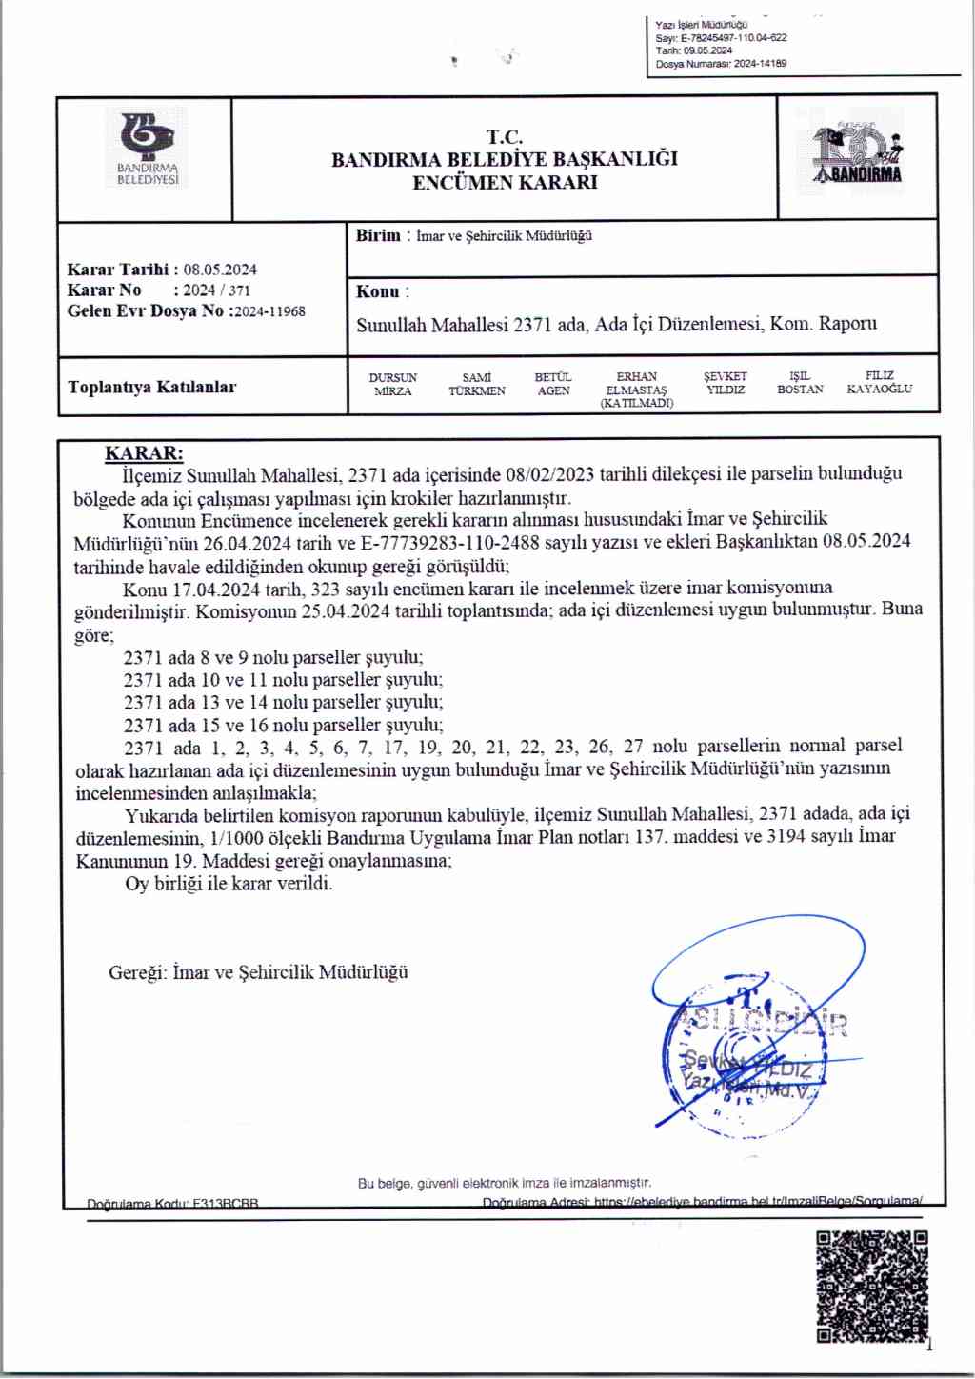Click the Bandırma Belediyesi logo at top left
click(148, 149)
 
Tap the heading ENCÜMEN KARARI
click(505, 183)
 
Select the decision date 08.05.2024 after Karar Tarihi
click(220, 270)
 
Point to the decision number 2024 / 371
click(216, 290)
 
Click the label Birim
click(378, 236)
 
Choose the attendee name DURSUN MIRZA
click(393, 385)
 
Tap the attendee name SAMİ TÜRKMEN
click(476, 385)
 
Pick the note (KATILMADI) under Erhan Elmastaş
click(636, 404)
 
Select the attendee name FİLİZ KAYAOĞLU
click(879, 383)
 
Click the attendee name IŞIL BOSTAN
click(800, 383)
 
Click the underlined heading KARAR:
click(144, 453)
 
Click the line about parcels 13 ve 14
click(283, 703)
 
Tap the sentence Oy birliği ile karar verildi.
click(229, 884)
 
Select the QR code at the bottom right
click(871, 1286)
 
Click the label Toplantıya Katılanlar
click(152, 387)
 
